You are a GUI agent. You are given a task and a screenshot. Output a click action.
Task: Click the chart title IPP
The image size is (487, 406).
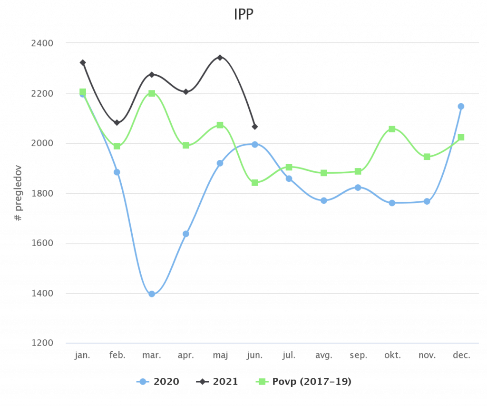tap(243, 14)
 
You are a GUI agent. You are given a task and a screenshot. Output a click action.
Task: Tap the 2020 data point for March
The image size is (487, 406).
tap(152, 294)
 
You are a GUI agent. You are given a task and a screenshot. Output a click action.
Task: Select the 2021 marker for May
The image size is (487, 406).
tap(220, 58)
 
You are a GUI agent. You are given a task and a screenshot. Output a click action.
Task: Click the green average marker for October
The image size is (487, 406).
tap(392, 129)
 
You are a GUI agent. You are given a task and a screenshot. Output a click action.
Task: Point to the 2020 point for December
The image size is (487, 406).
tap(461, 106)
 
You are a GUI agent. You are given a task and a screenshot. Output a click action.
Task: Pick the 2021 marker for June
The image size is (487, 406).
tap(254, 127)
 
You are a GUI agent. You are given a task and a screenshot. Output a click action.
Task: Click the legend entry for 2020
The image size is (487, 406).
tap(158, 382)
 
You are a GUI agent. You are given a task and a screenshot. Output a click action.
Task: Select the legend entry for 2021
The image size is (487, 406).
tap(217, 382)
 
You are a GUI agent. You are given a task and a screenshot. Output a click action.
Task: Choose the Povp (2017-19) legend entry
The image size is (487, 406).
tap(304, 382)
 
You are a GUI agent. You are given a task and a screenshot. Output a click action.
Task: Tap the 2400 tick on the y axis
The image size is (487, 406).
tap(43, 43)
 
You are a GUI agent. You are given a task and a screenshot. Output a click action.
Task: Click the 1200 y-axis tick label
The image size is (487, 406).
tap(43, 343)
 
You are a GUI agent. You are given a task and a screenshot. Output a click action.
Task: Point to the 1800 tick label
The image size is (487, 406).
tap(43, 194)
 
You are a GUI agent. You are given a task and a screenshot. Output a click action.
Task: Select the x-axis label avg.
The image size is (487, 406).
tap(323, 356)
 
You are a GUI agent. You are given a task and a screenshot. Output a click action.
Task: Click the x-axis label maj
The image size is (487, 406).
tap(220, 356)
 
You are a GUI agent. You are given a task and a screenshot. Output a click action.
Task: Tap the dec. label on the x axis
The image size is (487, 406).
tap(461, 356)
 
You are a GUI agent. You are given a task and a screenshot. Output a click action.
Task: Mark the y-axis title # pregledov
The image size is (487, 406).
tap(19, 193)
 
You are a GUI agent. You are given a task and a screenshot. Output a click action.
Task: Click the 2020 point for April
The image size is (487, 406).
tap(185, 234)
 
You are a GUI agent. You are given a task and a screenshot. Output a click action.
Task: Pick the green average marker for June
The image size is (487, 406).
tap(254, 182)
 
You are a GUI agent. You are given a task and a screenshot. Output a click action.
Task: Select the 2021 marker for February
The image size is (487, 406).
tap(117, 122)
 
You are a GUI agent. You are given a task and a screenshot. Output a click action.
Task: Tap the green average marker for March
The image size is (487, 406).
tap(152, 93)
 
